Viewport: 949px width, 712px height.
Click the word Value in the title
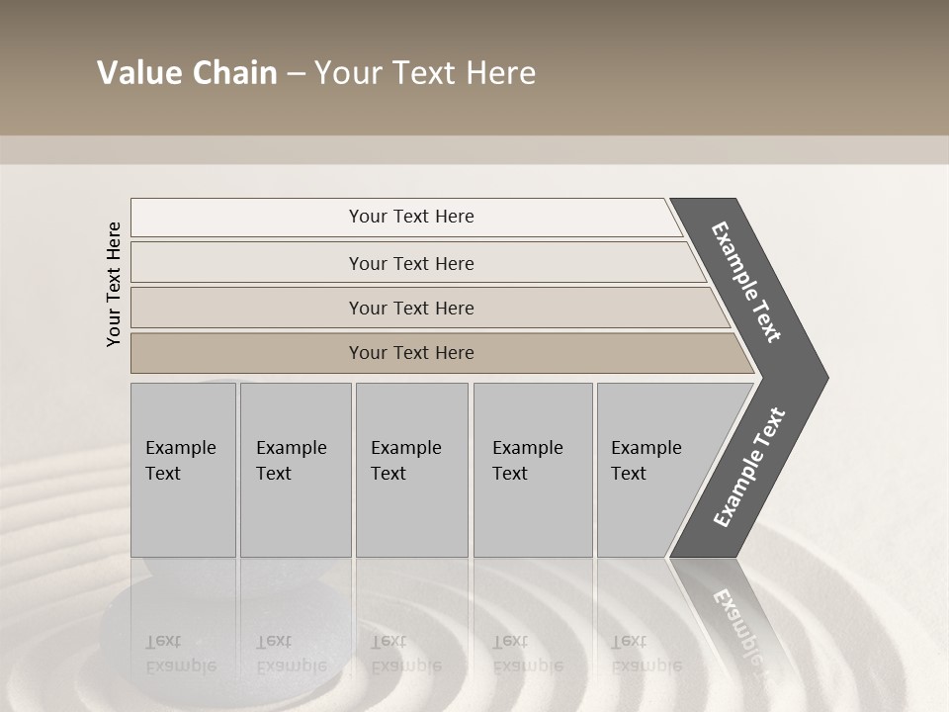pyautogui.click(x=137, y=73)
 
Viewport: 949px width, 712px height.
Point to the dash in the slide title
pyautogui.click(x=296, y=74)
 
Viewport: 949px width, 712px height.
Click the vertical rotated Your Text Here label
pyautogui.click(x=114, y=284)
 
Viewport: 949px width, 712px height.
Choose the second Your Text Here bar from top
pyautogui.click(x=410, y=263)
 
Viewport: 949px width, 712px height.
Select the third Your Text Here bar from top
pyautogui.click(x=410, y=308)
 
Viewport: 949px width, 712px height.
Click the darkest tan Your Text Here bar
pyautogui.click(x=410, y=353)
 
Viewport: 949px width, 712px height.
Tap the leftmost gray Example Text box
pyautogui.click(x=183, y=470)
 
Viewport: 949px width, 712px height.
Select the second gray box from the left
pyautogui.click(x=296, y=470)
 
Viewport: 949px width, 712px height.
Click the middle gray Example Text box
pyautogui.click(x=411, y=470)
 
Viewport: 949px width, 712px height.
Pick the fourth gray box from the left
pyautogui.click(x=533, y=470)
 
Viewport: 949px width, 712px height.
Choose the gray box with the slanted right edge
pyautogui.click(x=652, y=470)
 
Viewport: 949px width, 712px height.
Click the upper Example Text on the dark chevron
pyautogui.click(x=746, y=282)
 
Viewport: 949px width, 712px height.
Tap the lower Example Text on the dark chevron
pyautogui.click(x=748, y=467)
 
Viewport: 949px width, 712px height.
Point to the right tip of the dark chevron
pyautogui.click(x=825, y=378)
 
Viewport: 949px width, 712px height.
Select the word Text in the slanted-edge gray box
pyautogui.click(x=629, y=474)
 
